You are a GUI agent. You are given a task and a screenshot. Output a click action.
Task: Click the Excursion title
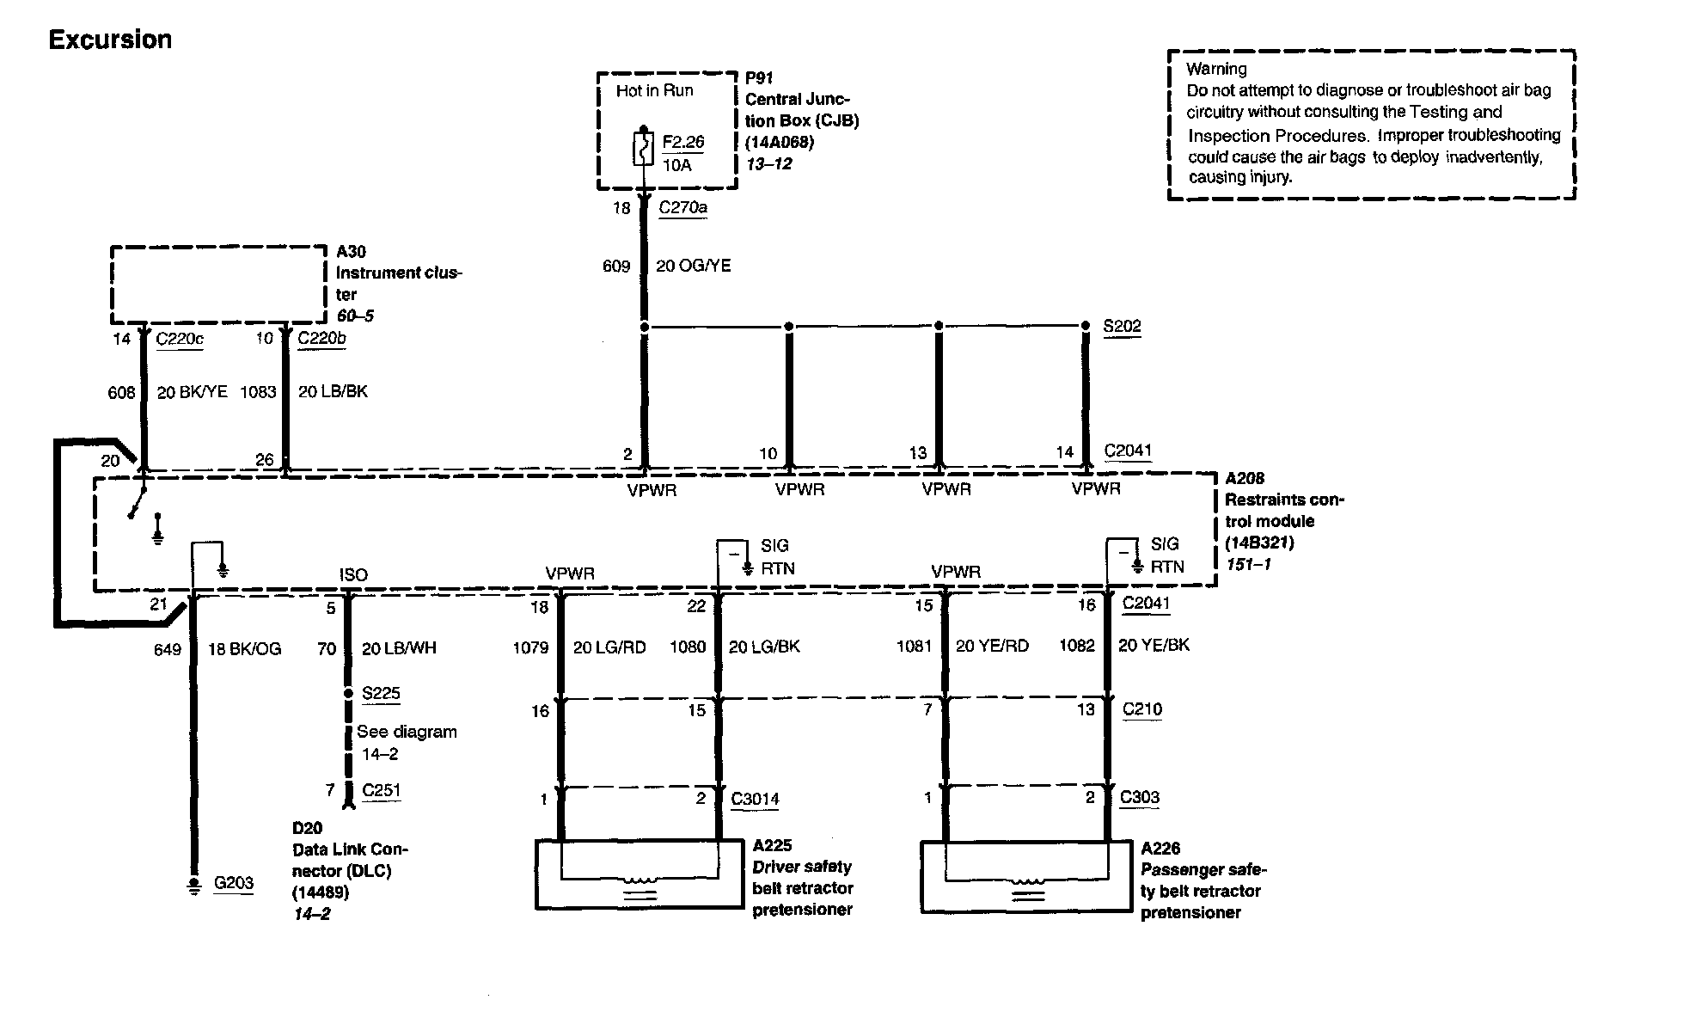point(110,40)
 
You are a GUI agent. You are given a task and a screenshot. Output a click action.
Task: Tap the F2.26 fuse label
point(683,142)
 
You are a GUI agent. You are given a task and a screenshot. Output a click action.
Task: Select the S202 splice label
point(1122,326)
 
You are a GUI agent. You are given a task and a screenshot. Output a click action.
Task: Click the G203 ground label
point(233,883)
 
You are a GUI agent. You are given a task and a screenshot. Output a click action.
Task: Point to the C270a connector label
point(682,207)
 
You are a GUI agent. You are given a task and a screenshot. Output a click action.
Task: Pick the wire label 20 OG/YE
point(693,267)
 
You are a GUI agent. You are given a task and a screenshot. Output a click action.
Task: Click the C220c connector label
point(180,339)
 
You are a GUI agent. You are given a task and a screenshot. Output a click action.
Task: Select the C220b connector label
point(321,339)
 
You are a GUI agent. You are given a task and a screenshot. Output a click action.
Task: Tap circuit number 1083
point(258,392)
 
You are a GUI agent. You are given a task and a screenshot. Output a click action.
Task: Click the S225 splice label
point(381,693)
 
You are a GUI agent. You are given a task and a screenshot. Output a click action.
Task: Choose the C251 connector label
point(381,790)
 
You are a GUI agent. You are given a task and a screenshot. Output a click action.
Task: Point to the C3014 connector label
point(755,799)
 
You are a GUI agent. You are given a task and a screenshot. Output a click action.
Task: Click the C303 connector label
point(1139,797)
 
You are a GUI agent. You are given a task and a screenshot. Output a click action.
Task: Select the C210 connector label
point(1141,709)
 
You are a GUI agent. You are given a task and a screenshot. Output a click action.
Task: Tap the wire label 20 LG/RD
point(609,647)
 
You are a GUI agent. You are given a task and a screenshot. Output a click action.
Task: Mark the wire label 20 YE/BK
point(1154,645)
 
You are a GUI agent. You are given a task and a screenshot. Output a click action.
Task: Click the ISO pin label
point(353,574)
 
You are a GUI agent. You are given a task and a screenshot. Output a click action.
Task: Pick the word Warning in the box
point(1216,69)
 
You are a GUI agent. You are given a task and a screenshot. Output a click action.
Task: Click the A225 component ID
point(772,846)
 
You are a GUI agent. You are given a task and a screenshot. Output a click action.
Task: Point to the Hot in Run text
point(654,91)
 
